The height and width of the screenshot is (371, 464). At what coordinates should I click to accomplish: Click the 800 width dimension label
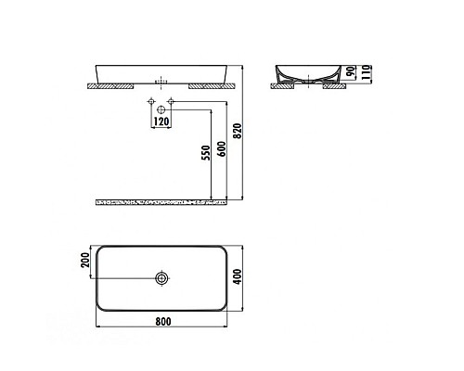point(162,322)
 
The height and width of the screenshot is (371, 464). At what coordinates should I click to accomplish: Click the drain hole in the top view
point(162,277)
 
